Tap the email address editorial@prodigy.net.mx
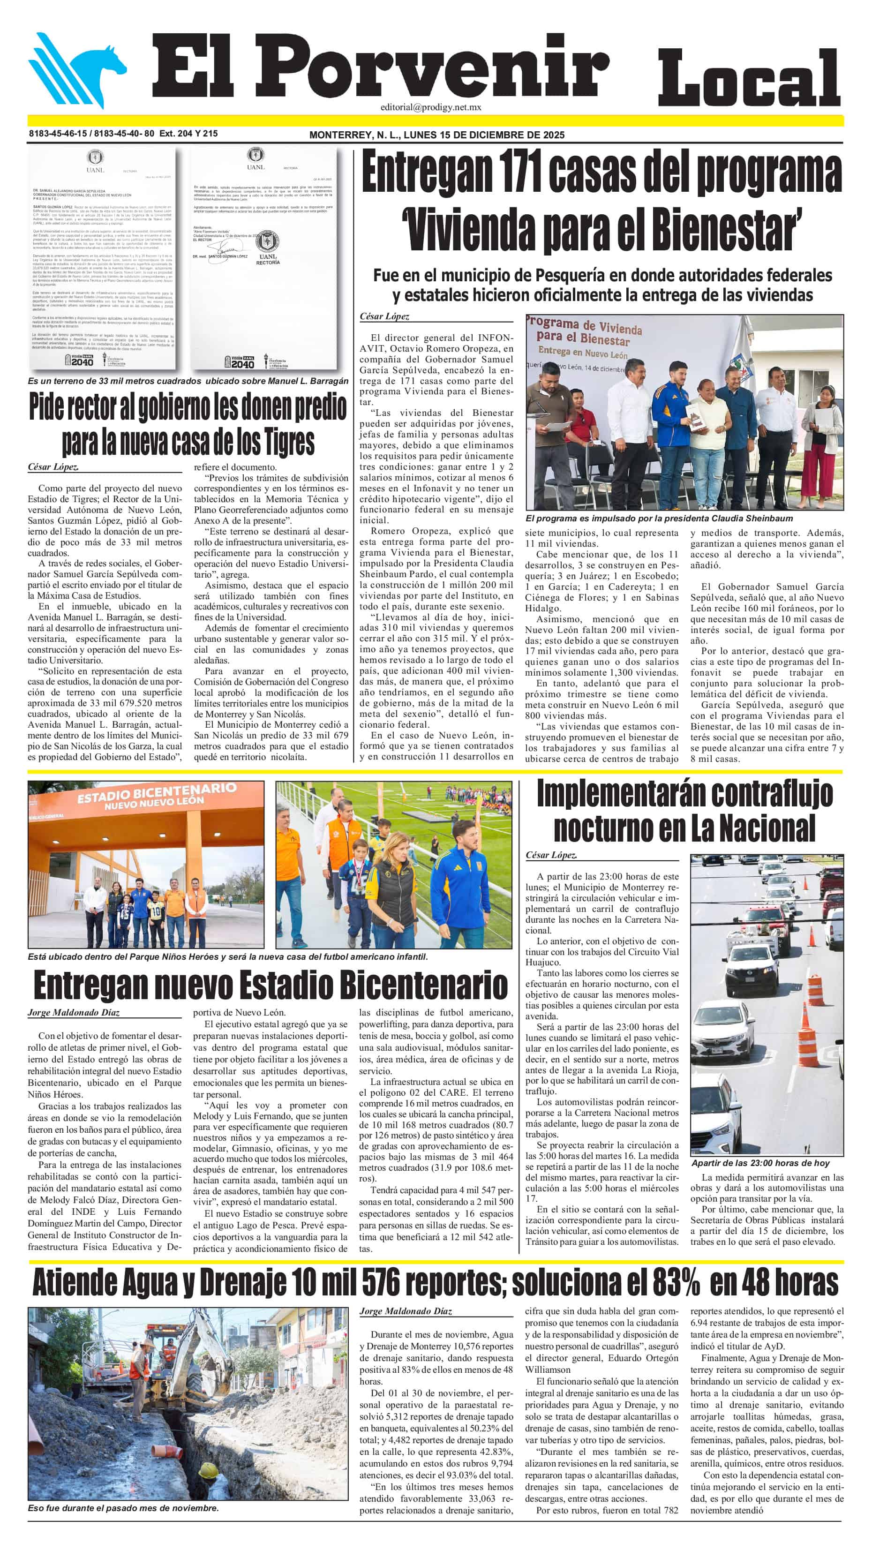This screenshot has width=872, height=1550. pos(430,107)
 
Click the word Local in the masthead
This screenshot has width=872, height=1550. pos(749,78)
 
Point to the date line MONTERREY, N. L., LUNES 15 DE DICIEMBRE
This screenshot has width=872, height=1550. pos(436,135)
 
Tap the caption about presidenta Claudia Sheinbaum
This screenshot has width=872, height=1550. pos(659,518)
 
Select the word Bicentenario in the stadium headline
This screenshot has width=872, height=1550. pos(423,986)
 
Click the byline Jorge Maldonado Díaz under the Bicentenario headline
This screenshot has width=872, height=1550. pos(74,1012)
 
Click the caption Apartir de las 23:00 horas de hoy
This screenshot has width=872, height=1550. pos(760,1163)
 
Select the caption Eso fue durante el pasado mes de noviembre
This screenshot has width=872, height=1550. pos(123,1508)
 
